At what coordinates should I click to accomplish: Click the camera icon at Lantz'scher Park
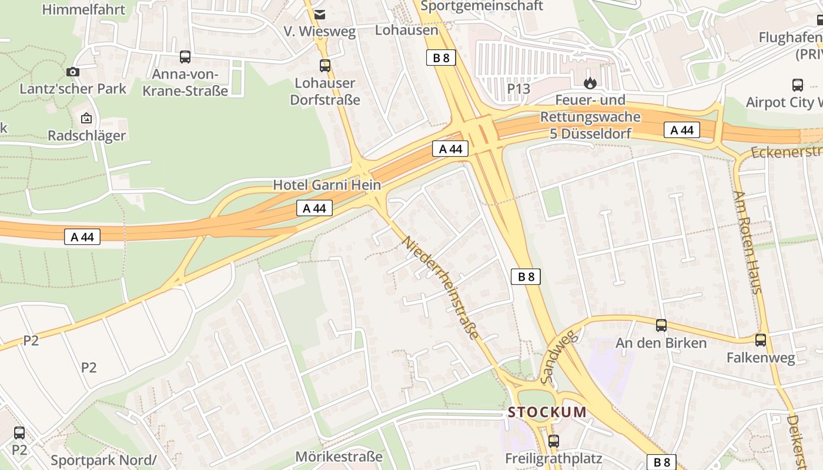[x=73, y=72]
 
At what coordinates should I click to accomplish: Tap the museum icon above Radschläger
[x=86, y=118]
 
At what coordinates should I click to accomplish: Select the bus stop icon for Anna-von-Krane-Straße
[x=185, y=57]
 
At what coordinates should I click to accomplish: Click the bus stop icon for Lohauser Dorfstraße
[x=325, y=66]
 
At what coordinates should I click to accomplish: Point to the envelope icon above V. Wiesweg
[x=319, y=14]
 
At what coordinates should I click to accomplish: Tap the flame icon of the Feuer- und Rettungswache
[x=590, y=83]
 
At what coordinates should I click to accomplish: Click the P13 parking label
[x=518, y=89]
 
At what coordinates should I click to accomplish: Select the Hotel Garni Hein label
[x=327, y=185]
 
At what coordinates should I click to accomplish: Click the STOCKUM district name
[x=547, y=412]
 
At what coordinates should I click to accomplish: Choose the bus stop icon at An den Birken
[x=661, y=325]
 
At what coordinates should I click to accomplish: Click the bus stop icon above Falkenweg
[x=761, y=340]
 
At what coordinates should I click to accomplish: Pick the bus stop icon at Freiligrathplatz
[x=554, y=441]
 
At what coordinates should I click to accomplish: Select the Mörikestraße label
[x=339, y=456]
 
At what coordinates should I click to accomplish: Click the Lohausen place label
[x=407, y=30]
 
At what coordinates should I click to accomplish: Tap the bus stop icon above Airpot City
[x=798, y=85]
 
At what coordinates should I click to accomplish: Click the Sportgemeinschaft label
[x=482, y=6]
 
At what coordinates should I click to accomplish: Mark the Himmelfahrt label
[x=84, y=9]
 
